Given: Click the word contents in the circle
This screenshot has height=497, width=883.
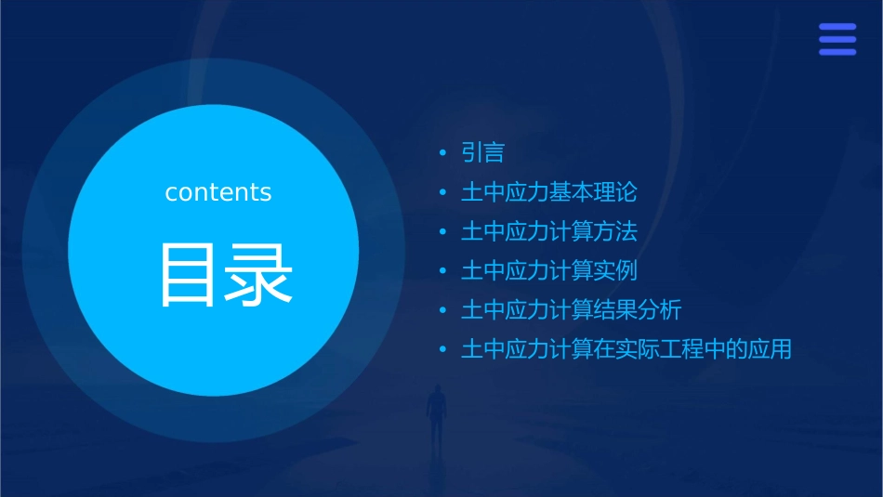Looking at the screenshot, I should pyautogui.click(x=218, y=192).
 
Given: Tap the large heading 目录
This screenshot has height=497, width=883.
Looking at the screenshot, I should pyautogui.click(x=227, y=274).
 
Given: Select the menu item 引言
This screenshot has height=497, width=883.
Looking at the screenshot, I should pyautogui.click(x=482, y=152).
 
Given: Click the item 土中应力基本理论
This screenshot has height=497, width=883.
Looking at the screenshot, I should pyautogui.click(x=549, y=192).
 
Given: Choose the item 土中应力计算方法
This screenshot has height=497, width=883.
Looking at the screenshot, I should pyautogui.click(x=549, y=231).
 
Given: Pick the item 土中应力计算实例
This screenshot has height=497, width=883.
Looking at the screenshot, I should pyautogui.click(x=549, y=271).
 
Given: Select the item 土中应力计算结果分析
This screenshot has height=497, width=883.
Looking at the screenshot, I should pyautogui.click(x=572, y=310).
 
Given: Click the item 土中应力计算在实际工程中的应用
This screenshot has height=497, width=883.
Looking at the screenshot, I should pyautogui.click(x=626, y=350).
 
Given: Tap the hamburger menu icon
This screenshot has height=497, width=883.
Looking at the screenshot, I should pyautogui.click(x=837, y=39).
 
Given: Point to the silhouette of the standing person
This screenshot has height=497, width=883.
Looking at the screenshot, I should pyautogui.click(x=435, y=413).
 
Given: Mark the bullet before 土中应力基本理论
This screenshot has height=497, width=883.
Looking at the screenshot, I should pyautogui.click(x=443, y=193).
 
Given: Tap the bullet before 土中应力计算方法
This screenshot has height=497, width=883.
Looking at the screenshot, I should pyautogui.click(x=443, y=232).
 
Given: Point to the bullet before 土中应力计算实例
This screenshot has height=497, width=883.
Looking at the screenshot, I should pyautogui.click(x=443, y=272).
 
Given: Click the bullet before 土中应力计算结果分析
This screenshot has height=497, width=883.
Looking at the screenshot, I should pyautogui.click(x=443, y=311).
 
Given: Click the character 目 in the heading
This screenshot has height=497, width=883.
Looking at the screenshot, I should pyautogui.click(x=191, y=274).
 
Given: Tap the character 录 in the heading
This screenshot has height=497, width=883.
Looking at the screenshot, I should pyautogui.click(x=261, y=274).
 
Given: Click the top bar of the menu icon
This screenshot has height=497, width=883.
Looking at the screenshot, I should pyautogui.click(x=837, y=27).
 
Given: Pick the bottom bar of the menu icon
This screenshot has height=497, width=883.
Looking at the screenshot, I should pyautogui.click(x=837, y=52).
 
